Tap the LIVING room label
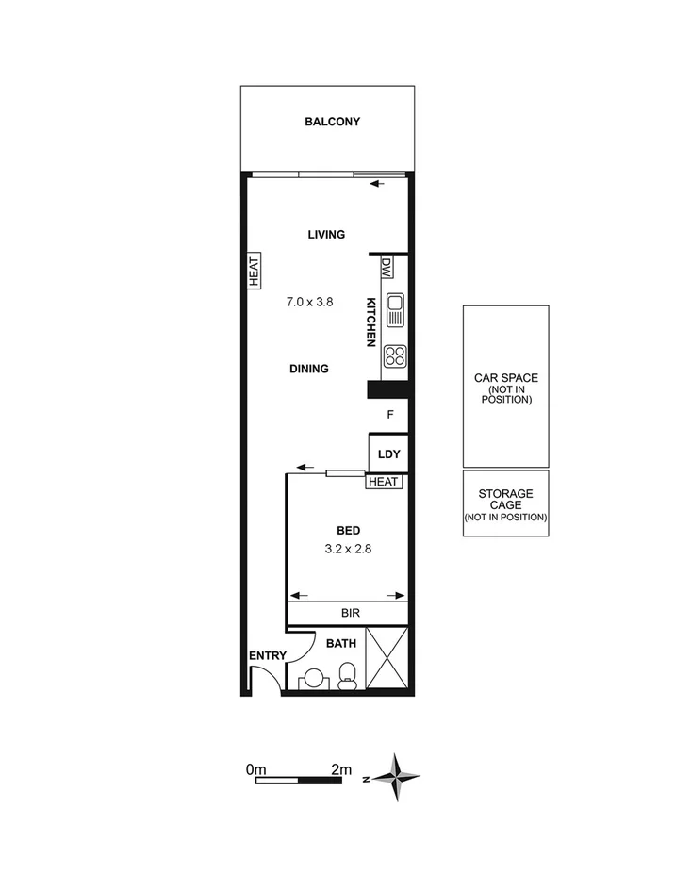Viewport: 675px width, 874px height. (326, 235)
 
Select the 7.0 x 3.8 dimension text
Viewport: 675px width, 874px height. (311, 303)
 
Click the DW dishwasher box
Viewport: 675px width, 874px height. (387, 269)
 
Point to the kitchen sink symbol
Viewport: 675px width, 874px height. (395, 308)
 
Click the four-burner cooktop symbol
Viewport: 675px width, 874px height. (395, 356)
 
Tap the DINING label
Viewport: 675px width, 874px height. (309, 369)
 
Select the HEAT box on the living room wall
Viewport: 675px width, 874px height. (254, 271)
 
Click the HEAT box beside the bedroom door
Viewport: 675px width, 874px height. (385, 482)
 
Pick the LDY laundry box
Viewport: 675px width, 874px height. (388, 454)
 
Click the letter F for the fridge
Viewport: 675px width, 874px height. (388, 414)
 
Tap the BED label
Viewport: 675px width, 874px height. (349, 531)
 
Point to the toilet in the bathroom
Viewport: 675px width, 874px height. (347, 672)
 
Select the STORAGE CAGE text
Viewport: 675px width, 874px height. (505, 500)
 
